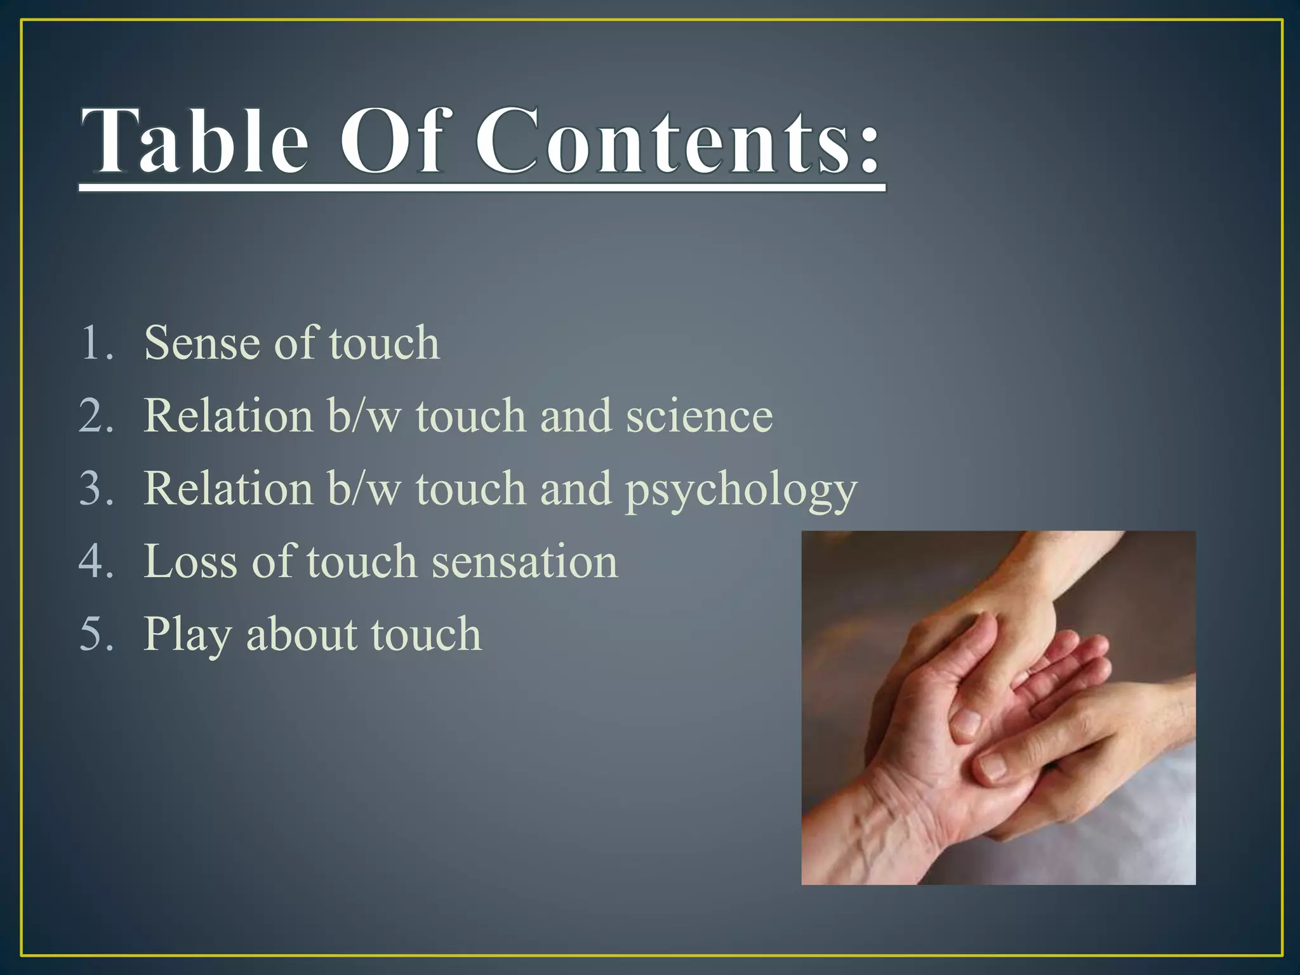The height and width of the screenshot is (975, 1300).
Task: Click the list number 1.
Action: (x=95, y=343)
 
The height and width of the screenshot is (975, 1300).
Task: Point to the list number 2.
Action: (x=95, y=416)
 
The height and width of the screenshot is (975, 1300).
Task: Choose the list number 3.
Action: (x=95, y=489)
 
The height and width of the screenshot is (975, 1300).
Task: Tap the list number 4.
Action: (x=95, y=562)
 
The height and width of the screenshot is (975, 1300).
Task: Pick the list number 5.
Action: (x=95, y=634)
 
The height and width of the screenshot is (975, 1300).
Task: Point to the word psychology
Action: (x=741, y=490)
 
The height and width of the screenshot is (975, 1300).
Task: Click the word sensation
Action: (x=524, y=562)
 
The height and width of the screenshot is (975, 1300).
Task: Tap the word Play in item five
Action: (x=187, y=634)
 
